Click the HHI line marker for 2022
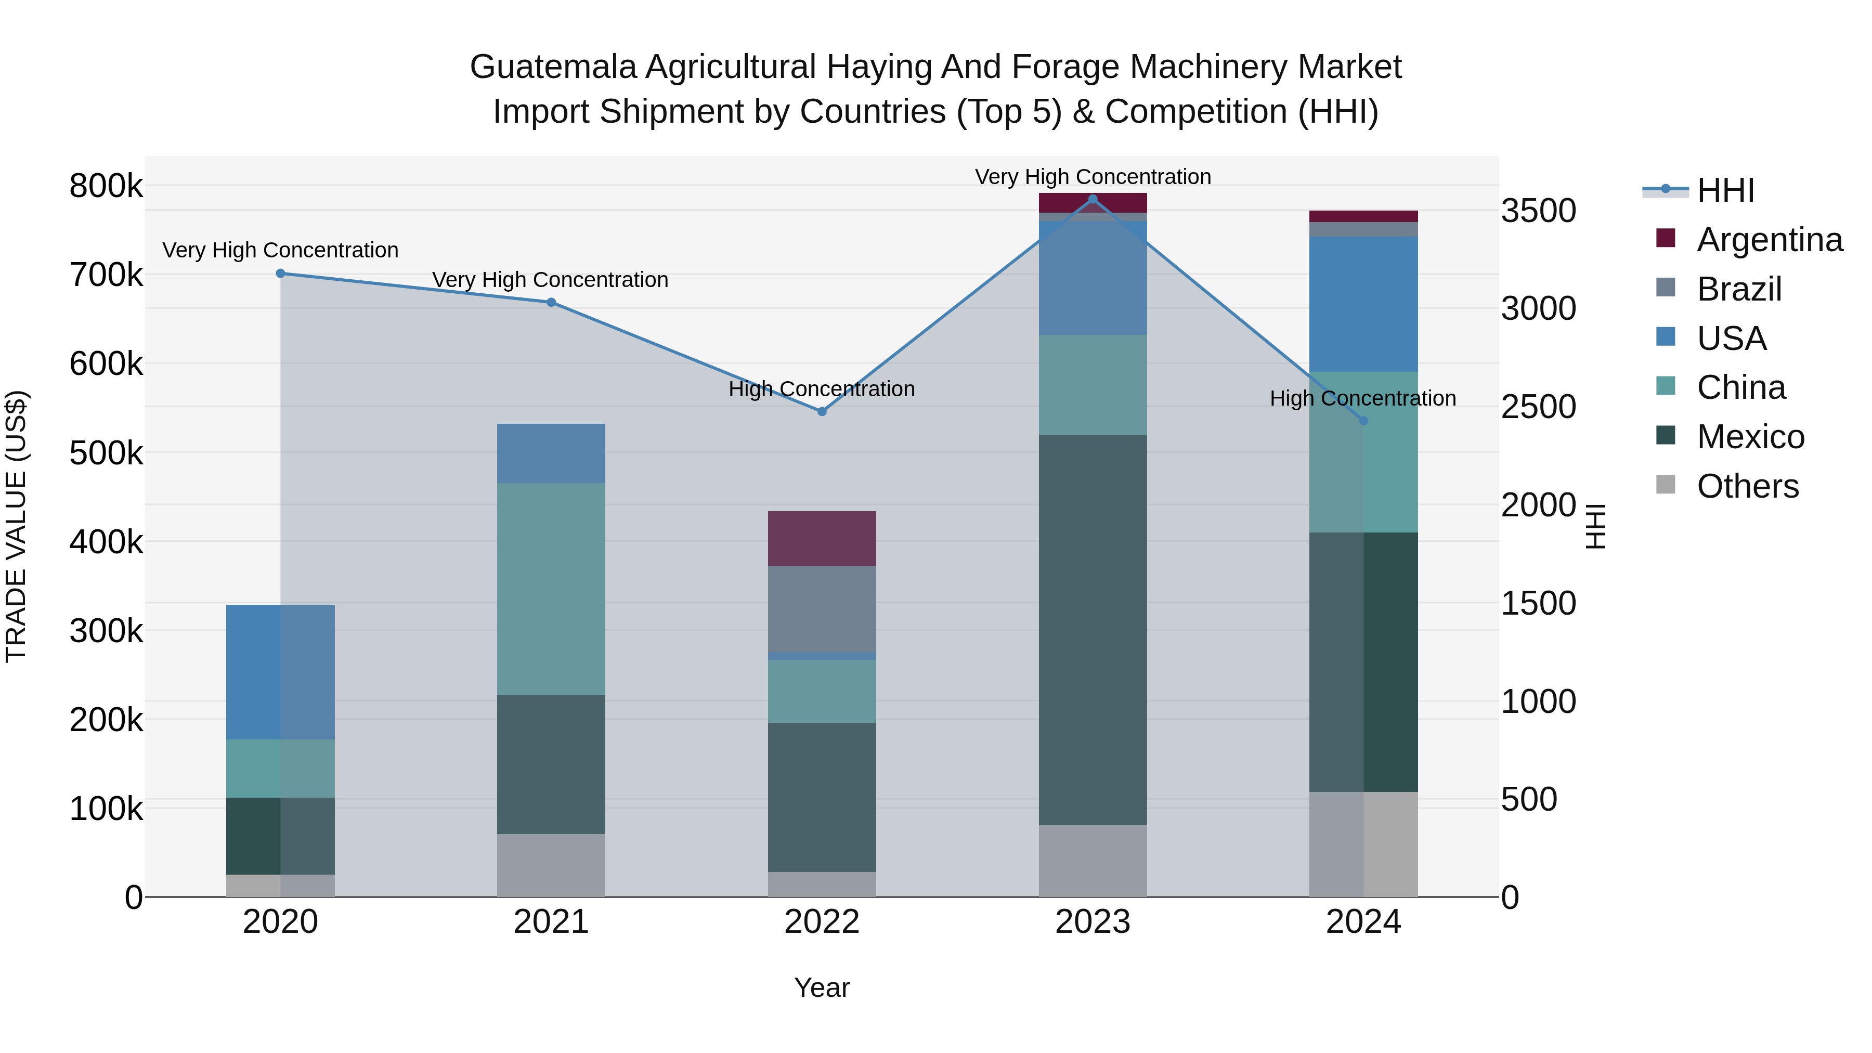(x=822, y=411)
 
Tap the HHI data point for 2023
(x=1092, y=199)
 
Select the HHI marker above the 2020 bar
(x=280, y=273)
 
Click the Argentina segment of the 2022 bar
(x=822, y=539)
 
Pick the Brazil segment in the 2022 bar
(x=822, y=609)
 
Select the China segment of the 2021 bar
(x=551, y=589)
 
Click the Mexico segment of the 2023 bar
(x=1092, y=629)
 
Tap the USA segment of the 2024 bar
(x=1363, y=304)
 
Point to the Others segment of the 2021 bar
(x=551, y=865)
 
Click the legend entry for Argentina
(x=1769, y=240)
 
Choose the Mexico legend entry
(x=1750, y=437)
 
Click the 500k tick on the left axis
(x=106, y=453)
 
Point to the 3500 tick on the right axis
(x=1539, y=211)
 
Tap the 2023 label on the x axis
(x=1092, y=922)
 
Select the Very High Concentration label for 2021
(x=550, y=280)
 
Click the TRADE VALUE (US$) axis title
(x=16, y=526)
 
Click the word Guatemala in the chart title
(x=552, y=67)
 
